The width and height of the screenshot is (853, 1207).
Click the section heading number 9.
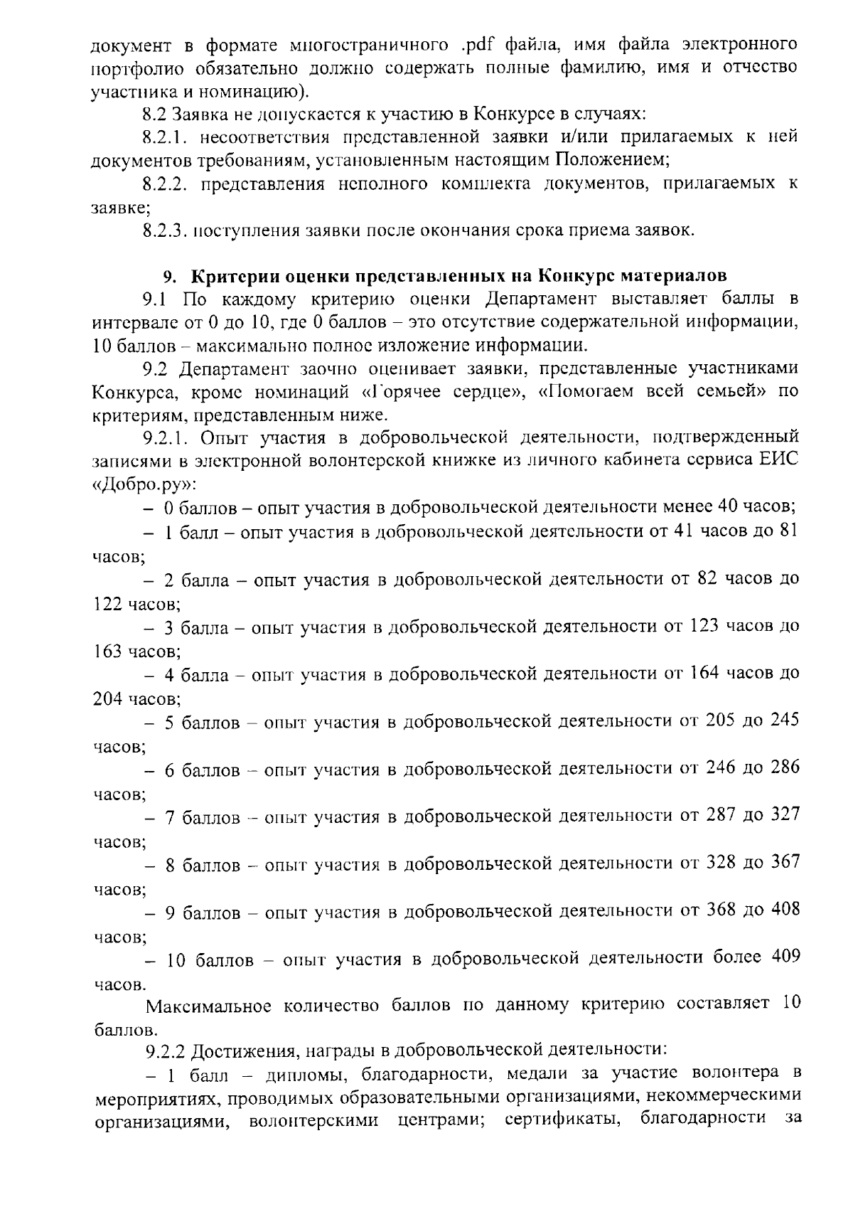[x=168, y=275]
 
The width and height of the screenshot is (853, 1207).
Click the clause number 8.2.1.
[x=164, y=136]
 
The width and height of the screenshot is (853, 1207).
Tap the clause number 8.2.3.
[x=164, y=230]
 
